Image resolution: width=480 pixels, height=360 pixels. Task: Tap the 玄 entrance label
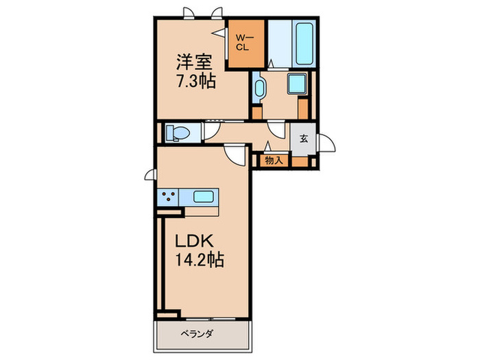[304, 137]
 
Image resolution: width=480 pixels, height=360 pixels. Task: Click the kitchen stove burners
[169, 197]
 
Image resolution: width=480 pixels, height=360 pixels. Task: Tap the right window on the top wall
[217, 12]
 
